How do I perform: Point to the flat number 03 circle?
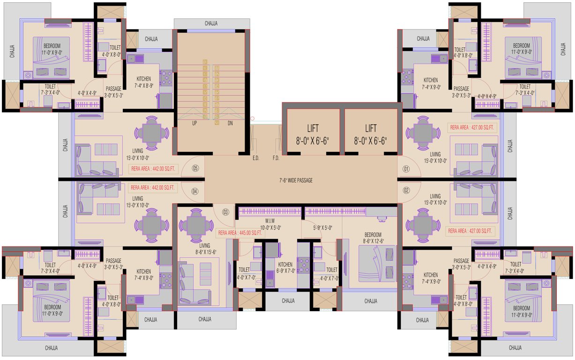pyautogui.click(x=225, y=212)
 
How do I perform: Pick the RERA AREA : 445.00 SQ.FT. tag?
pyautogui.click(x=240, y=232)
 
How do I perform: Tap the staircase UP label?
pyautogui.click(x=194, y=124)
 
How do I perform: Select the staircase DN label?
pyautogui.click(x=230, y=124)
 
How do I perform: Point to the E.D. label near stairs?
pyautogui.click(x=256, y=158)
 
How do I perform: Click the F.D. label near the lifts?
pyautogui.click(x=276, y=158)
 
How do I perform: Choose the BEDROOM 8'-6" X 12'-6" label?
pyautogui.click(x=373, y=238)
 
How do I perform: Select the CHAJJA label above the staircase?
pyautogui.click(x=211, y=23)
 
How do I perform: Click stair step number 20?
pyautogui.click(x=217, y=123)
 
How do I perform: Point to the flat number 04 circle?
pyautogui.click(x=195, y=191)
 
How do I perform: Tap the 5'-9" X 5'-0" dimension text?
pyautogui.click(x=323, y=228)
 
